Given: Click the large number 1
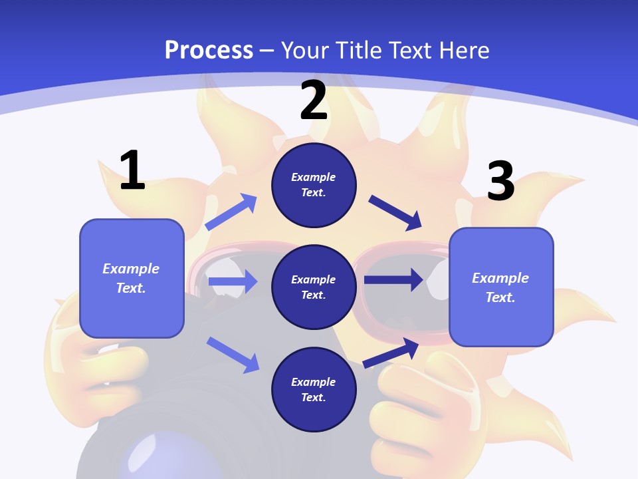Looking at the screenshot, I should coord(132,171).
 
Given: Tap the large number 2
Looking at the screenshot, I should coord(314,100).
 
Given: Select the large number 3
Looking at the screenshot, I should coord(500,182).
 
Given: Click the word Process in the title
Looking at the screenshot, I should coord(209,50).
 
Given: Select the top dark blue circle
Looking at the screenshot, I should coord(314,185).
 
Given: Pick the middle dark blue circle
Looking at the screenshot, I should coord(314,287).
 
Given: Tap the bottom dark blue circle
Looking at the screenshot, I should coord(314,389).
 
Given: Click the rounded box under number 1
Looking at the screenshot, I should coord(132,278).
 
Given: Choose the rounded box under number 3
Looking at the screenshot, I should coord(501,287).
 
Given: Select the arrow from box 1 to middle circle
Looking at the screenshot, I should coord(233,281).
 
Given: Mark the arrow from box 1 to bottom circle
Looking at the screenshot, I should coord(233,354).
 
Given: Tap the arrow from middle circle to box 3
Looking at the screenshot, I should coord(393,280).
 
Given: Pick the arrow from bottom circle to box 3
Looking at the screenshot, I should coord(391,353).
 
